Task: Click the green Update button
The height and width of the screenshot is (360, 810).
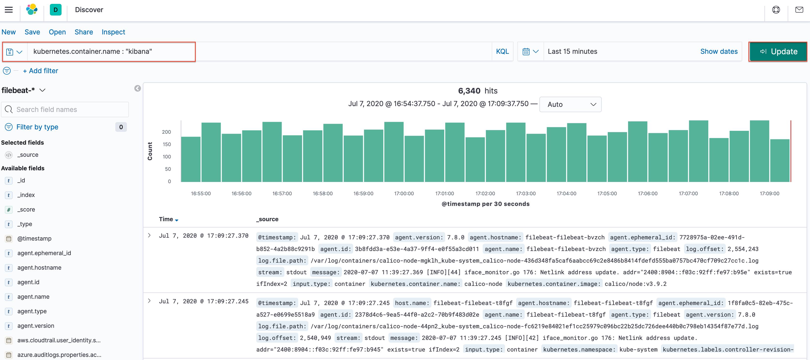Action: pos(778,52)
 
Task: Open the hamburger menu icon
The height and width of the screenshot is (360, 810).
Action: pos(9,10)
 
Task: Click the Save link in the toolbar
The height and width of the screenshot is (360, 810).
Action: pos(32,32)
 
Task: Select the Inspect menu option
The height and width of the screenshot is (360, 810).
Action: pos(113,32)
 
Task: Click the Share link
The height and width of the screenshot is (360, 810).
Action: pos(84,32)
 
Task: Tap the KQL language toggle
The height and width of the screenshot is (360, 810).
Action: pos(502,52)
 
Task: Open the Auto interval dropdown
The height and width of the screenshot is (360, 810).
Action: pos(570,104)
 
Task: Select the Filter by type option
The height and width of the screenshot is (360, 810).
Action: pos(37,127)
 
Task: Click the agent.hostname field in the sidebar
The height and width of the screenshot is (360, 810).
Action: pos(39,267)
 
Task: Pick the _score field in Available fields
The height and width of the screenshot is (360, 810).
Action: pos(26,209)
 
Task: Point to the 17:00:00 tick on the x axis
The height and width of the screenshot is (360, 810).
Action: pos(404,193)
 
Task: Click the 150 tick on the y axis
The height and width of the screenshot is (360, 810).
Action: pos(167,144)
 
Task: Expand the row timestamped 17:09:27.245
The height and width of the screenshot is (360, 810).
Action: pos(149,301)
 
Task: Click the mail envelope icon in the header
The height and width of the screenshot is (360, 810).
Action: pos(799,10)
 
